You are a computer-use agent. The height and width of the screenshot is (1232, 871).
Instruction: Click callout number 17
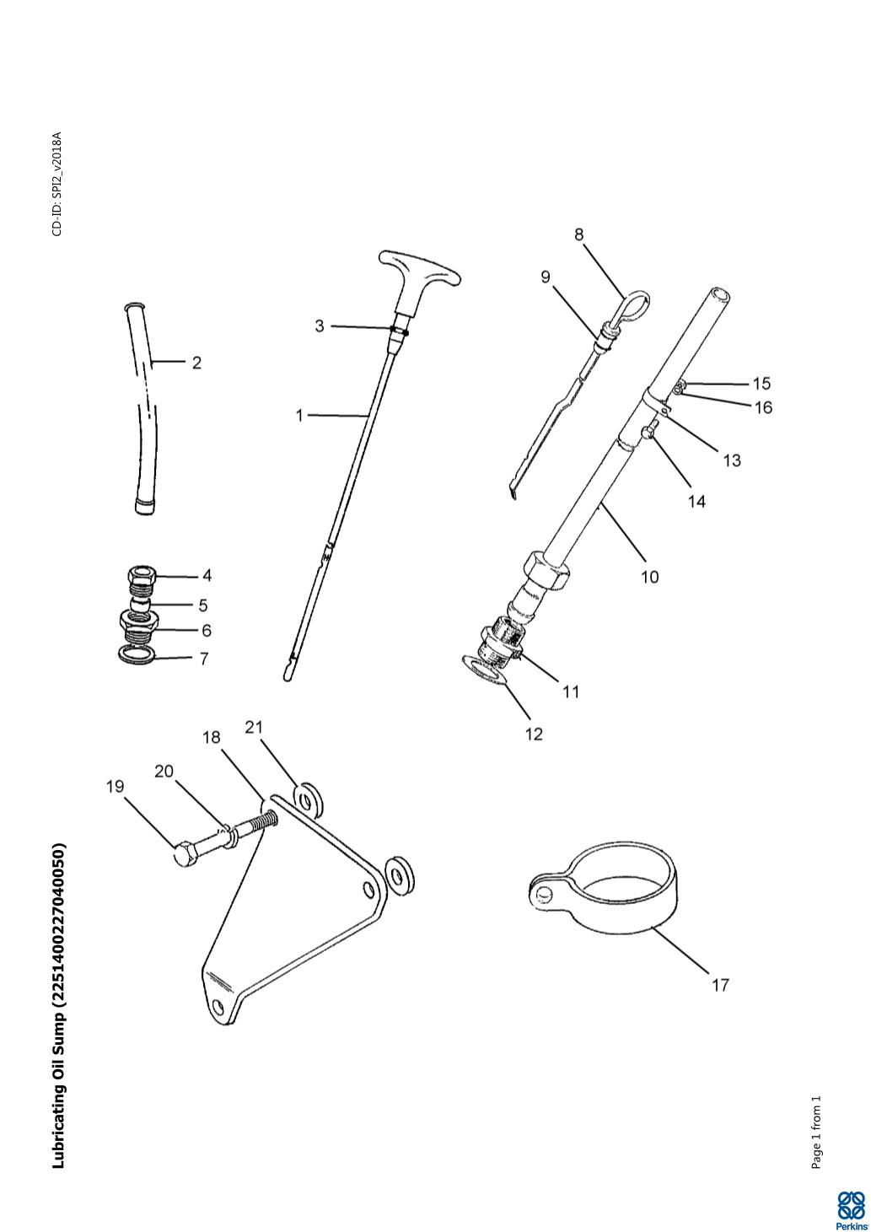click(x=720, y=984)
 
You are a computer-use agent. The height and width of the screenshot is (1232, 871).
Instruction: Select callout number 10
click(x=649, y=577)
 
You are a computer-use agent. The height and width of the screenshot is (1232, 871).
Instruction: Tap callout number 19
click(x=115, y=786)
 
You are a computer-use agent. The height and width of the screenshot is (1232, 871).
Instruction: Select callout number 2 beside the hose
click(x=196, y=363)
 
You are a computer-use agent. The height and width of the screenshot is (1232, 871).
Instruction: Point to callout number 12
click(x=534, y=734)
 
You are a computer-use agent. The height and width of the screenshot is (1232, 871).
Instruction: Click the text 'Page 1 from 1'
click(x=815, y=1132)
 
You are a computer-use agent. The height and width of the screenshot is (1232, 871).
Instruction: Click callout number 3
click(x=320, y=325)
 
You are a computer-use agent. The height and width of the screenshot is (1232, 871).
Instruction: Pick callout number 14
click(x=696, y=501)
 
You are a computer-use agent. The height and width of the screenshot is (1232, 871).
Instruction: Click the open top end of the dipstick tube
click(x=721, y=296)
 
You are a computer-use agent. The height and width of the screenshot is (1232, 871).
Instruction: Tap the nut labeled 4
click(x=142, y=578)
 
